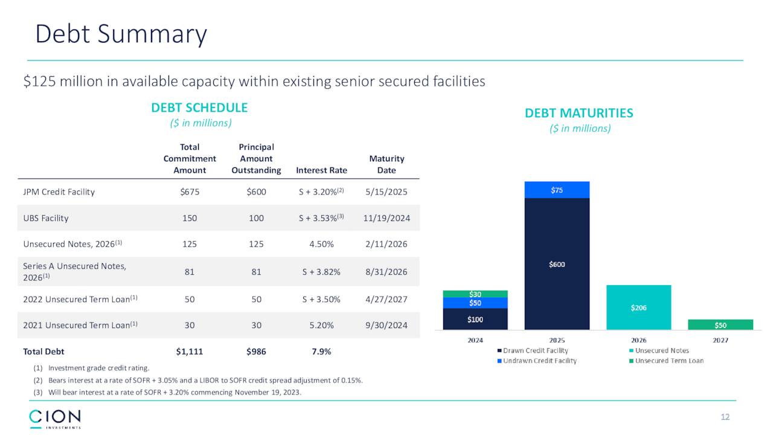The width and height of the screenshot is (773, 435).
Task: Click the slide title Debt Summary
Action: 121,34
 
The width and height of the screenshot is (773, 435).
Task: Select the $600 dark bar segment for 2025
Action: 557,264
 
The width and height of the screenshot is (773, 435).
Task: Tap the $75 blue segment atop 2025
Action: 557,190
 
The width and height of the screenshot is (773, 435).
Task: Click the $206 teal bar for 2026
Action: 638,308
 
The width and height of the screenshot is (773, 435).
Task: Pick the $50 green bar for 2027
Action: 720,324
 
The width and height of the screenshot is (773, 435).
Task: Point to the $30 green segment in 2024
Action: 475,294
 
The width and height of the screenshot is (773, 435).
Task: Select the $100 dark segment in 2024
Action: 475,319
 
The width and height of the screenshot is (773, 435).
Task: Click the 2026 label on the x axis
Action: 638,340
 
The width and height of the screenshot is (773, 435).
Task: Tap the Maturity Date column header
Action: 386,164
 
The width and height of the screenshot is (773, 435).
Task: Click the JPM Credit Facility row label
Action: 59,192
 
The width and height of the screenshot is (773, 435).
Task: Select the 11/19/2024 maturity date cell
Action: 386,218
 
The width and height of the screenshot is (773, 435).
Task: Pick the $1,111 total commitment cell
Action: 190,352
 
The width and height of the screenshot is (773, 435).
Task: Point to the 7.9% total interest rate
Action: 321,352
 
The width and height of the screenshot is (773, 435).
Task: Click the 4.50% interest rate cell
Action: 321,244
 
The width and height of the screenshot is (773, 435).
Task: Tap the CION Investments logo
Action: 55,418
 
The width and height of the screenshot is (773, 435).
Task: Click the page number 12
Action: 725,417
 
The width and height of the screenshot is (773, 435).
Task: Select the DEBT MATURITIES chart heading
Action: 579,113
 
